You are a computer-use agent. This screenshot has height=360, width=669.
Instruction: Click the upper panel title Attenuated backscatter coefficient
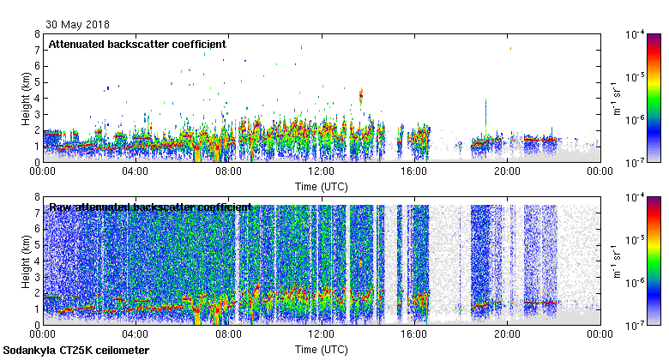point(137,44)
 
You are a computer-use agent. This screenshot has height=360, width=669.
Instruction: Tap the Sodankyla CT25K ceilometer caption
point(76,351)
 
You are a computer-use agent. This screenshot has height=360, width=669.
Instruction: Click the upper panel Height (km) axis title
point(27,98)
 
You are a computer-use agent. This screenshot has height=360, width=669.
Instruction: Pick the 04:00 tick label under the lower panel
point(136,334)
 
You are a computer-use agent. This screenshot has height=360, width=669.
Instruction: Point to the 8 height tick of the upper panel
point(37,34)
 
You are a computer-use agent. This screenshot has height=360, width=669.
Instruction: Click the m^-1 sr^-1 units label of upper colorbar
point(617,98)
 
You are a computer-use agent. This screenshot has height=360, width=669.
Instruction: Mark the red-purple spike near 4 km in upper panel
point(361,96)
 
